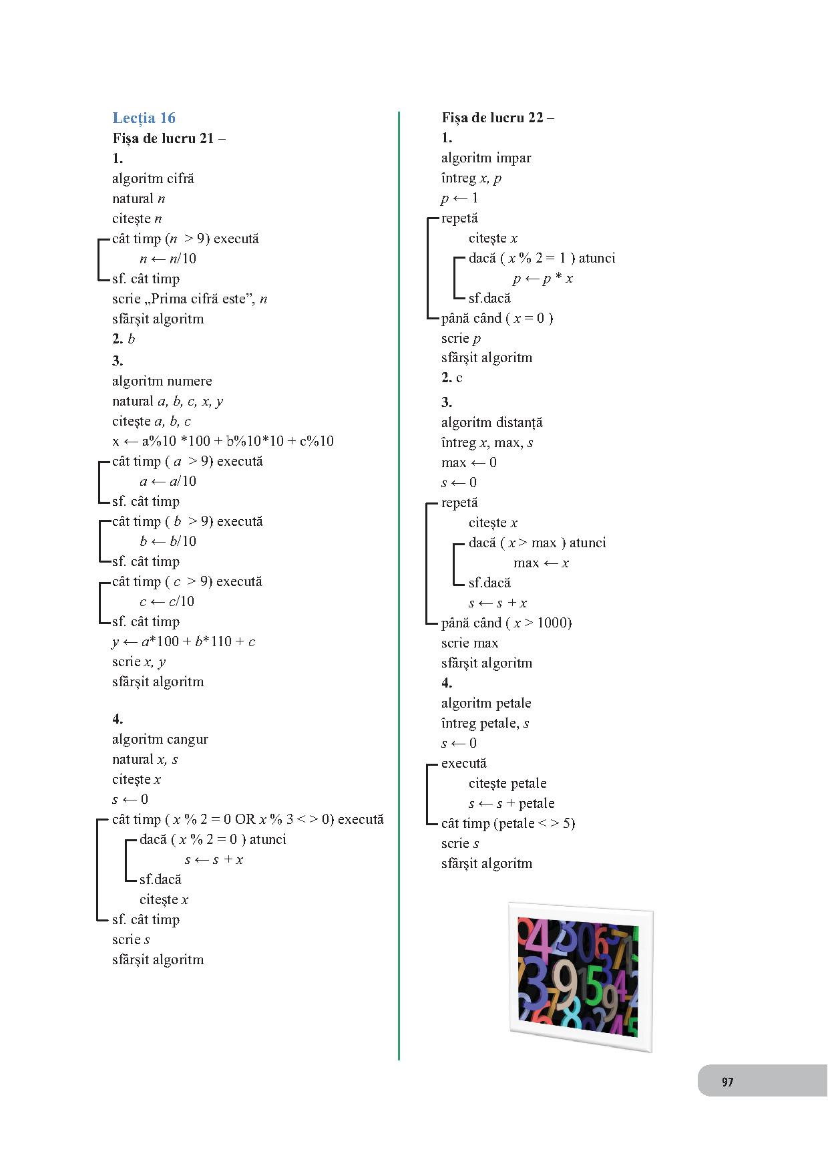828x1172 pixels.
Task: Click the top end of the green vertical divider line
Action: click(399, 112)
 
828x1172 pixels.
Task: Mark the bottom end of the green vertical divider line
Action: click(399, 1060)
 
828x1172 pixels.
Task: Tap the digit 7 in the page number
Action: click(731, 1082)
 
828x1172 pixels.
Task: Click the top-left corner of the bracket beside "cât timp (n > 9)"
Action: click(98, 239)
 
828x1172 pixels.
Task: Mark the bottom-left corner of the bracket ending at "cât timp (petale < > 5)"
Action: click(427, 824)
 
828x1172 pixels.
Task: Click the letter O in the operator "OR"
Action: click(240, 819)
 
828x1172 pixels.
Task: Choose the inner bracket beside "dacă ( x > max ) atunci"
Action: click(454, 563)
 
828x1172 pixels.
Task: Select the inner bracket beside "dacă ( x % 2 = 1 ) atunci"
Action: click(454, 278)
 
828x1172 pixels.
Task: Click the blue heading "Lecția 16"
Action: click(144, 118)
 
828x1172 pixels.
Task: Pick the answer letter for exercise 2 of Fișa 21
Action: click(131, 339)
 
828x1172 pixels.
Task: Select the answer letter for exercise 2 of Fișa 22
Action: click(459, 378)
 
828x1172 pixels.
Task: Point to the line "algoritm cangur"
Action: click(160, 740)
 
